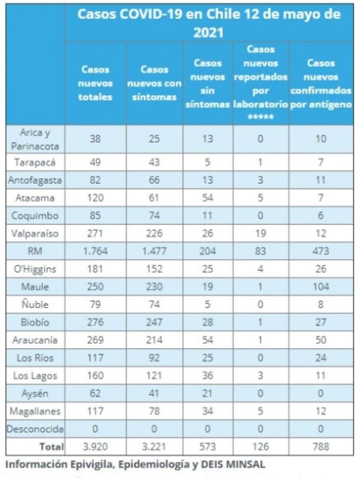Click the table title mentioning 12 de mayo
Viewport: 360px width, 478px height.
pos(208,22)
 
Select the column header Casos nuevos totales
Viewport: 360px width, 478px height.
pos(95,84)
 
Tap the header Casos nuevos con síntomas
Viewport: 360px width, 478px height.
pos(154,84)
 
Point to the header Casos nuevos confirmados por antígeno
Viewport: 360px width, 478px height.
pos(321,84)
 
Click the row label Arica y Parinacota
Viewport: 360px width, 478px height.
pos(35,139)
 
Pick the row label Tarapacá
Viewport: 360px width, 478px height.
pos(35,162)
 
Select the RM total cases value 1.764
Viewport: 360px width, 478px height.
pos(95,251)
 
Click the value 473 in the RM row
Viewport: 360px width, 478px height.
pos(321,251)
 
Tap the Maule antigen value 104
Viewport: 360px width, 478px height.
pos(321,287)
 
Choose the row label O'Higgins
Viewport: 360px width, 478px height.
pos(35,269)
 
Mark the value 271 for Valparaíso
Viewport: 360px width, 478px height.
pos(95,233)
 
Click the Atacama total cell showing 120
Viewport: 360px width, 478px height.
pos(95,198)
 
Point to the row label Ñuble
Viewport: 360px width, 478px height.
pos(35,304)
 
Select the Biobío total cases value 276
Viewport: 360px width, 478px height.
pos(95,322)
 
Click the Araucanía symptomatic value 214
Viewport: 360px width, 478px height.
pos(154,340)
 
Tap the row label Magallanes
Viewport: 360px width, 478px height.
pos(35,411)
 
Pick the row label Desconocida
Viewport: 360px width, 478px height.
pos(35,429)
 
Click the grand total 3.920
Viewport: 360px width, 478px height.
pos(95,447)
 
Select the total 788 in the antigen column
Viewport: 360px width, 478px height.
pos(321,447)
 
